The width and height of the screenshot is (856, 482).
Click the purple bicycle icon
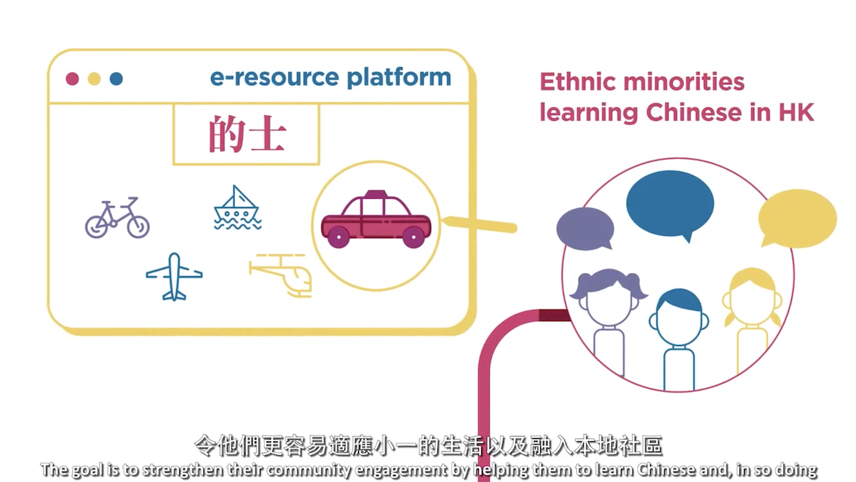tap(117, 218)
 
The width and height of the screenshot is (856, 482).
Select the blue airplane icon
tap(174, 276)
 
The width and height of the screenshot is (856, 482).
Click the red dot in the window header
tap(72, 79)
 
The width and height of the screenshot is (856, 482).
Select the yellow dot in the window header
tap(94, 79)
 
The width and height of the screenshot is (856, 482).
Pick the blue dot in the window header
tap(116, 79)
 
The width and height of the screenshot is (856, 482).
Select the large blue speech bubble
tap(670, 203)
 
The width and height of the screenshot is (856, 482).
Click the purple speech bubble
tap(585, 228)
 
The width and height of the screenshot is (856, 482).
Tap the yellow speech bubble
tap(797, 218)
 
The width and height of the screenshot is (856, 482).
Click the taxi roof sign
tap(376, 194)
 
